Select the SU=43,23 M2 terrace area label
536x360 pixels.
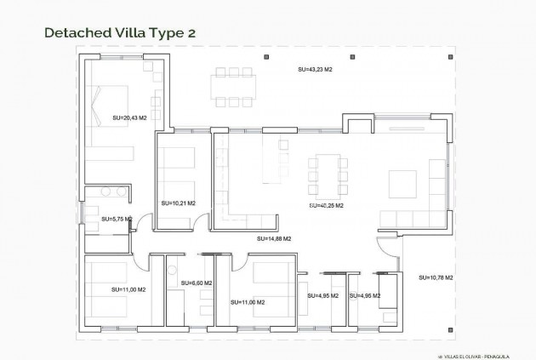click(314, 69)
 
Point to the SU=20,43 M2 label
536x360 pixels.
click(130, 118)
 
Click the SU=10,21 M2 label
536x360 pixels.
click(178, 203)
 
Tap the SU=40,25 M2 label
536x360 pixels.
click(326, 205)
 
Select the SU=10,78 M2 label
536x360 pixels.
click(436, 277)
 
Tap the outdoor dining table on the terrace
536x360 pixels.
click(233, 87)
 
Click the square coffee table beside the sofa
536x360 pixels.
click(402, 184)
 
